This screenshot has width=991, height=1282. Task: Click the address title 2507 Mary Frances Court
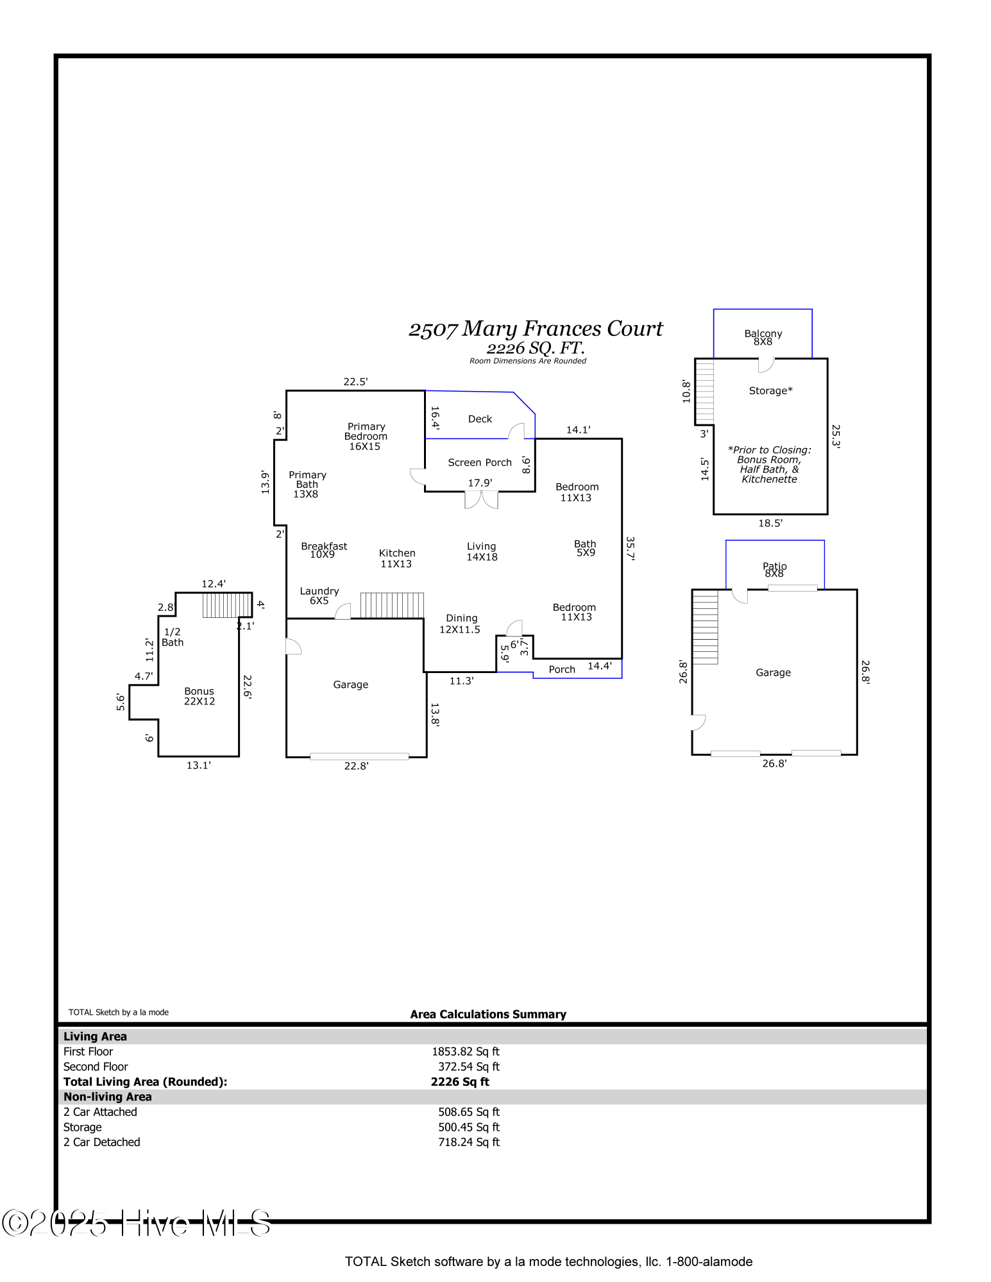(x=536, y=329)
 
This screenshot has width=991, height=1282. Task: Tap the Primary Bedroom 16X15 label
(x=366, y=437)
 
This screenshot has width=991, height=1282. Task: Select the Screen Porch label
(x=480, y=462)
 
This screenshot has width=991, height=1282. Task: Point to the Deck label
(x=480, y=419)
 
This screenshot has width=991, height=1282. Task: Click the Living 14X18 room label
(x=482, y=552)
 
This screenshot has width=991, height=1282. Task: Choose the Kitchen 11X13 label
(x=397, y=558)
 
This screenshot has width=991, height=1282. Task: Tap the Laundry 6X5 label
(x=319, y=595)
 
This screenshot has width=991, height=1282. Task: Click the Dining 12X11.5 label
(x=461, y=624)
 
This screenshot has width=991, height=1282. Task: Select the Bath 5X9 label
(x=585, y=548)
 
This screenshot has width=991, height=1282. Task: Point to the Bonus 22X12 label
(x=199, y=696)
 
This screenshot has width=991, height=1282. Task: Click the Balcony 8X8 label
(x=763, y=337)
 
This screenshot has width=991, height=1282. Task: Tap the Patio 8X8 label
(x=774, y=570)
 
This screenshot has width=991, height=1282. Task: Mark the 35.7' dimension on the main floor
(x=631, y=549)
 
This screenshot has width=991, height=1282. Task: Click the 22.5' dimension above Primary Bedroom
(x=355, y=381)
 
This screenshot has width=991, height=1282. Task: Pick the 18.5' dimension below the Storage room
(x=770, y=523)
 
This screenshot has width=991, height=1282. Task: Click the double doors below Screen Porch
(x=481, y=500)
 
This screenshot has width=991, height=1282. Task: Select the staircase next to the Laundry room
(x=392, y=605)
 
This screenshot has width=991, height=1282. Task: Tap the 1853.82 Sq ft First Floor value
(x=466, y=1052)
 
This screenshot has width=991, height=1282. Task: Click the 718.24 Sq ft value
(x=469, y=1142)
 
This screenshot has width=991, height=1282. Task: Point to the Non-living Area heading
(x=108, y=1097)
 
